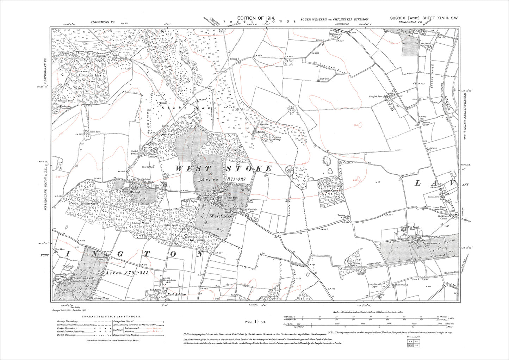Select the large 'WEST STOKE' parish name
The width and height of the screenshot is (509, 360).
click(224, 169)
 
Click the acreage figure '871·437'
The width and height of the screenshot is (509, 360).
click(238, 179)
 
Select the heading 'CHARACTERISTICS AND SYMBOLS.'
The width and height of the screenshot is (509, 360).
click(111, 317)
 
